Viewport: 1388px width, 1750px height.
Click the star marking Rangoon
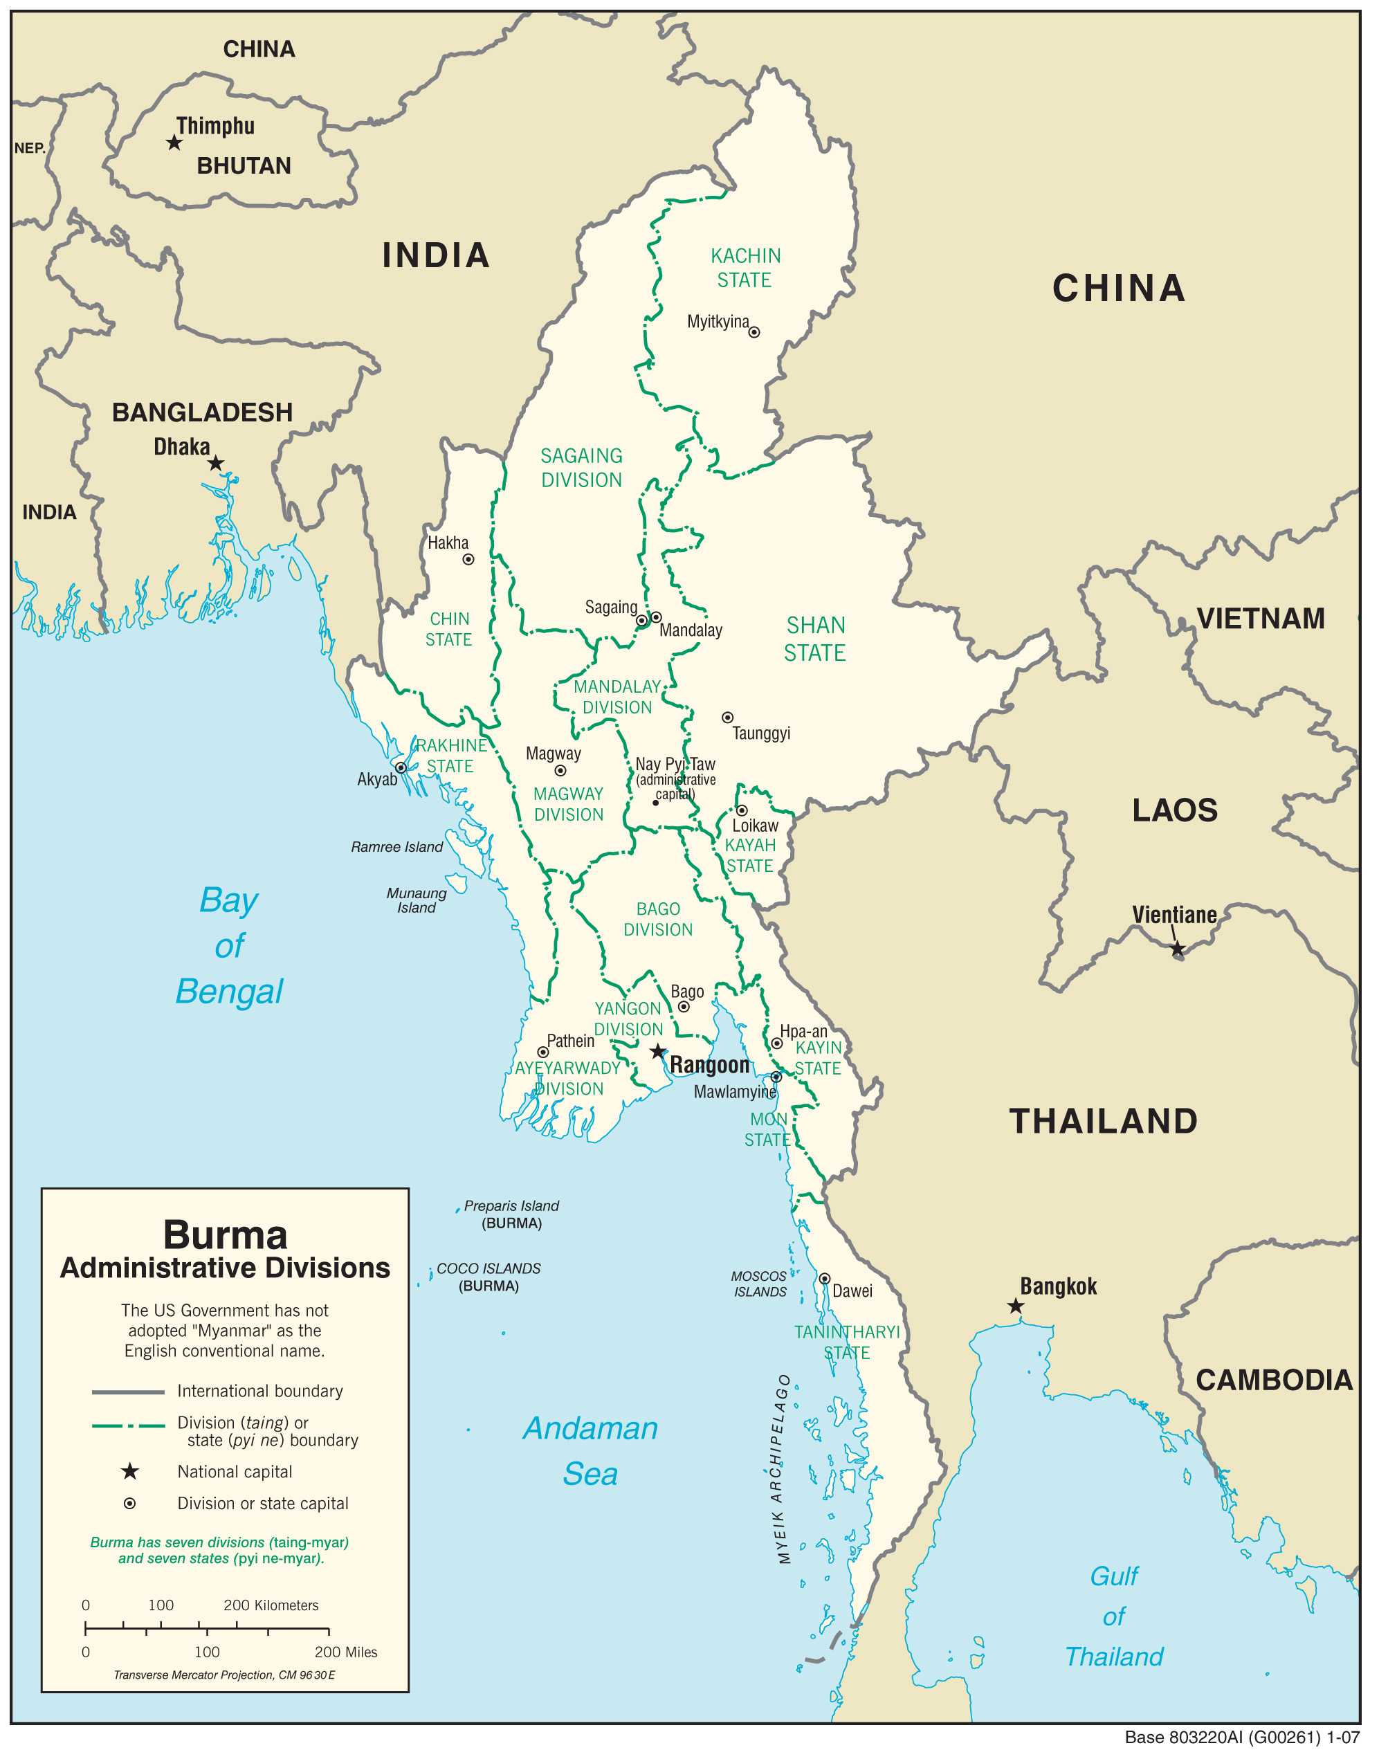(x=657, y=1052)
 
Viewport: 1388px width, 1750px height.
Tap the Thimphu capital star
(x=174, y=143)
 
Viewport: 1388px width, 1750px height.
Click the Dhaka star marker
(x=215, y=464)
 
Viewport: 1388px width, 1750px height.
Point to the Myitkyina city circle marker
(x=754, y=332)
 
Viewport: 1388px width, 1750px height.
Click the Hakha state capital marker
(x=468, y=559)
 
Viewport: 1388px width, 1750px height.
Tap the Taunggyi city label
(x=760, y=733)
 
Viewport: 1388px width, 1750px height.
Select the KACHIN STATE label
(x=745, y=268)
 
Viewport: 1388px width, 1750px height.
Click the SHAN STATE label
(x=815, y=639)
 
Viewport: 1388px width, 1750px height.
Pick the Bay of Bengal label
(x=229, y=946)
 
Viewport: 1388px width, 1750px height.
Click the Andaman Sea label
(x=590, y=1450)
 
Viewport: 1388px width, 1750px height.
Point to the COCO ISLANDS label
(x=488, y=1268)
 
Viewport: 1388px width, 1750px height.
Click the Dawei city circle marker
(x=824, y=1278)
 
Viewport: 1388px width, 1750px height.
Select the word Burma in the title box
(x=225, y=1234)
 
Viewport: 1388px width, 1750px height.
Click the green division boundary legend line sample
(x=128, y=1425)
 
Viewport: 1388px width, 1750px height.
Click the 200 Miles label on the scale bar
(x=346, y=1652)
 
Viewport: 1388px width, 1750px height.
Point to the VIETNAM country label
(x=1260, y=619)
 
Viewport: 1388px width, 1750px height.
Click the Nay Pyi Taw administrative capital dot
(x=655, y=803)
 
